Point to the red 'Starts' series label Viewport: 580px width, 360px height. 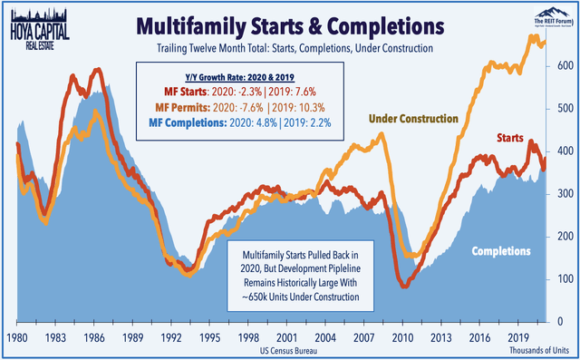[x=512, y=137]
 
